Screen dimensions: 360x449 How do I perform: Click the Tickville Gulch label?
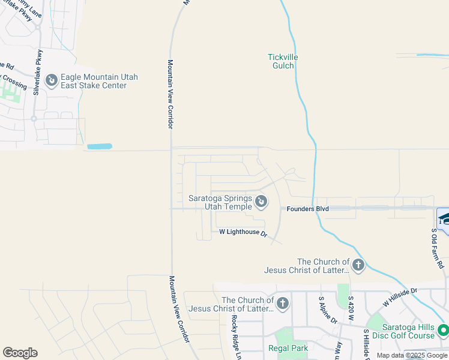[283, 61]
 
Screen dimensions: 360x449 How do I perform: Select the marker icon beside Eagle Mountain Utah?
[52, 79]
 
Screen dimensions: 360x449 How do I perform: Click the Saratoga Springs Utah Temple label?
[220, 202]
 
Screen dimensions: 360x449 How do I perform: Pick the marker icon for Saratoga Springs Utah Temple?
[261, 202]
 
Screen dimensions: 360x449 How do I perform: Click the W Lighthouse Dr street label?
[243, 232]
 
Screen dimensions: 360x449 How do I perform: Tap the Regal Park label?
[288, 348]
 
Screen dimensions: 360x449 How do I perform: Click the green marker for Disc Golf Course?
[443, 330]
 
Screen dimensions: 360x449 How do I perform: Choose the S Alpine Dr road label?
[327, 310]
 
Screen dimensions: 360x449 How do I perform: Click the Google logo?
[20, 353]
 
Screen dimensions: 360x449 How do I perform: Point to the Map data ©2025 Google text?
[411, 355]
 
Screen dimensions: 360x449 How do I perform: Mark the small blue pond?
[99, 146]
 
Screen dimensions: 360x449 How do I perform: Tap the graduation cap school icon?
[444, 218]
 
